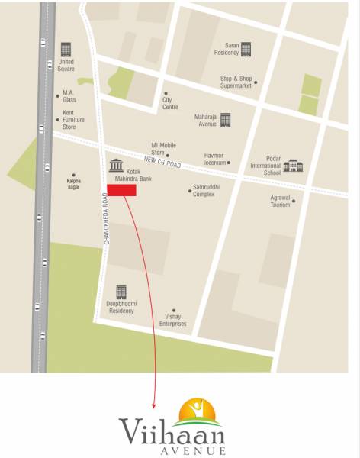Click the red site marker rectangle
point(121,190)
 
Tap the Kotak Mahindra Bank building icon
point(115,166)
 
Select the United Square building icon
point(66,50)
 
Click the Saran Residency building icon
point(245,48)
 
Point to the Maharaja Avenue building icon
point(225,119)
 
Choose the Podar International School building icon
point(292,166)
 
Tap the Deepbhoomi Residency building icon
point(121,292)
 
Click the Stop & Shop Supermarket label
point(236,82)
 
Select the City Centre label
point(170,104)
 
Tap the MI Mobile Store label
point(163,148)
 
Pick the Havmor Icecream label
point(214,159)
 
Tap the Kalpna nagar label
point(74,183)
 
